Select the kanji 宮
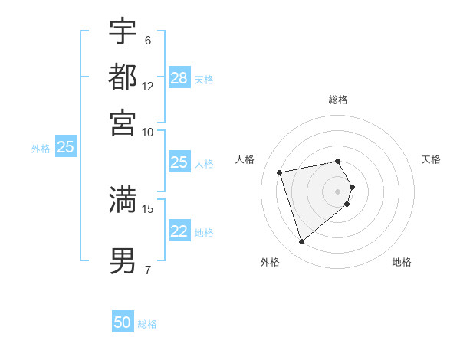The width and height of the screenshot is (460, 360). (x=123, y=122)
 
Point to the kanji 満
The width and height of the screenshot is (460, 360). (x=123, y=199)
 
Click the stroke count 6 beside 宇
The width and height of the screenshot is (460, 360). (x=147, y=40)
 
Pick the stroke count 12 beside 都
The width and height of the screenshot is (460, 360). (x=148, y=86)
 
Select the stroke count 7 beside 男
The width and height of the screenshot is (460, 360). (x=147, y=270)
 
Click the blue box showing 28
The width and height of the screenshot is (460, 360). (x=179, y=77)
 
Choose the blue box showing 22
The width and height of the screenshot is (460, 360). (x=179, y=232)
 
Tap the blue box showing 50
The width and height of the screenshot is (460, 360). (x=123, y=323)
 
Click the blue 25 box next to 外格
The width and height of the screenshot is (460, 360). (x=65, y=147)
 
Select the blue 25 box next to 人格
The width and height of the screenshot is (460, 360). (x=179, y=162)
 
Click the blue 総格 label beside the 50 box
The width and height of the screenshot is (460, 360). (x=147, y=324)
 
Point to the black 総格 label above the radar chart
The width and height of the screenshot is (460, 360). (x=338, y=100)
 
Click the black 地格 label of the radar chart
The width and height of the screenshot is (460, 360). (x=402, y=263)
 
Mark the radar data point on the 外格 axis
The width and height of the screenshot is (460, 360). (x=301, y=242)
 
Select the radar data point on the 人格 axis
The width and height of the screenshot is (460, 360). (x=280, y=172)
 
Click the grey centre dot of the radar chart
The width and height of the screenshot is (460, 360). (x=338, y=191)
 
